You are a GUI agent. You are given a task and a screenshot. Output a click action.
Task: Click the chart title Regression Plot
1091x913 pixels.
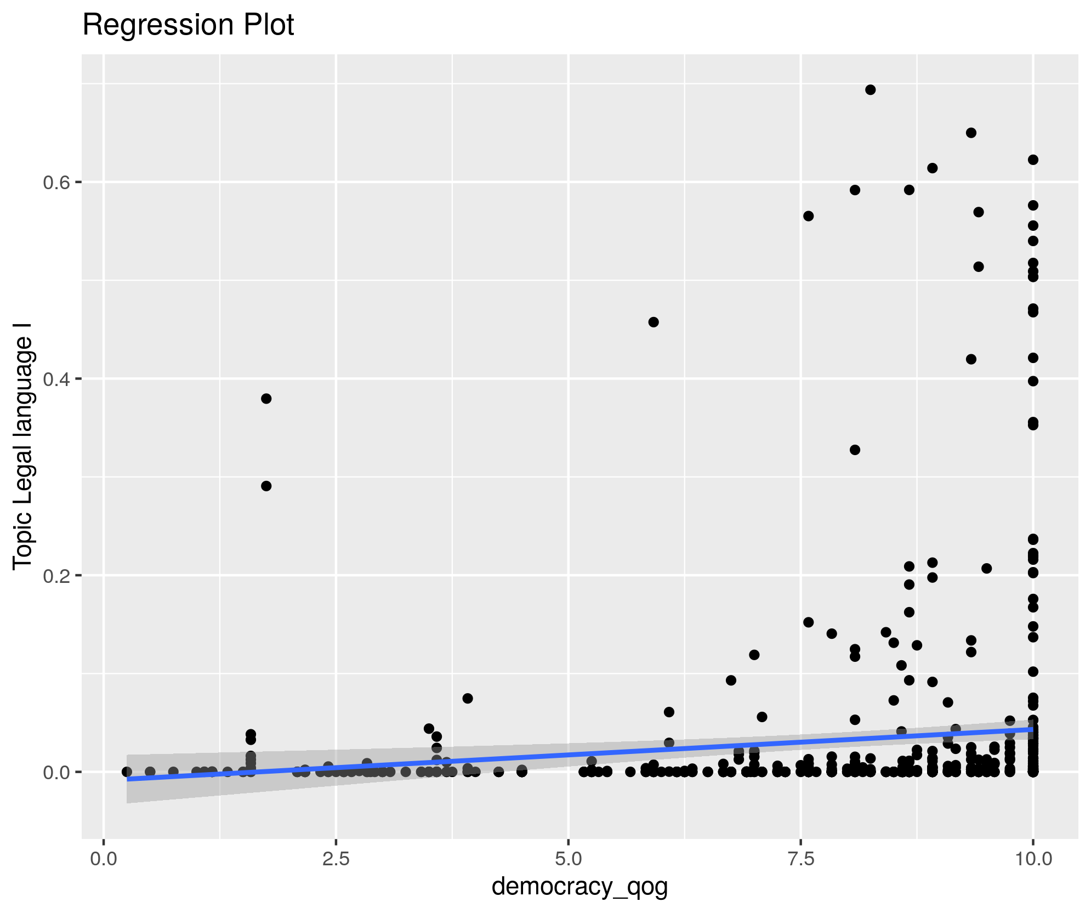click(188, 25)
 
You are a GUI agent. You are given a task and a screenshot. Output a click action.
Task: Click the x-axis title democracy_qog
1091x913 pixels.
click(579, 886)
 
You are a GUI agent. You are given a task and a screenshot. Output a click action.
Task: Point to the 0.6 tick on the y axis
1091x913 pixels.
click(55, 182)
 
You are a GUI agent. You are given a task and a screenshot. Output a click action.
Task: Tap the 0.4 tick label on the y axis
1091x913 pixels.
click(55, 379)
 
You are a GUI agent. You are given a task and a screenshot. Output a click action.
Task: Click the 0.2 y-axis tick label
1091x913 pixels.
click(55, 576)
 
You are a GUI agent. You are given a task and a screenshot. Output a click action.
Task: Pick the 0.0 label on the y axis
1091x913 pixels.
click(55, 772)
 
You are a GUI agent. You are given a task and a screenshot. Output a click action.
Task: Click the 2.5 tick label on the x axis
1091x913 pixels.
click(336, 858)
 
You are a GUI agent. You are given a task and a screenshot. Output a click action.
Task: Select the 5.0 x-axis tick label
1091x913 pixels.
click(569, 858)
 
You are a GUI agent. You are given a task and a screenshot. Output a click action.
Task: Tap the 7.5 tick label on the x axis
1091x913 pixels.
click(801, 858)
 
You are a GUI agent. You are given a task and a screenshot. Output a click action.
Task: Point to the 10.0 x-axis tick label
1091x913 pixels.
click(1033, 858)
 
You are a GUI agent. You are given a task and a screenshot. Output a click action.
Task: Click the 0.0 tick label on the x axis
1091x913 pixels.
click(104, 858)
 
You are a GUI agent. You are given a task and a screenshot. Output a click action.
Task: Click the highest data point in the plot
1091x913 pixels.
click(870, 90)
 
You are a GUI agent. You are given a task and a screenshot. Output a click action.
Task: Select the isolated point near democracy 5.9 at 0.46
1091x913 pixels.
click(654, 322)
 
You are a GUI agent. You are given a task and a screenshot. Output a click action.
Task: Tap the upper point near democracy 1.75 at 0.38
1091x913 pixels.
click(266, 399)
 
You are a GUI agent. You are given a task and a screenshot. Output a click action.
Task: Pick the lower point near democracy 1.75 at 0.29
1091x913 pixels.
click(266, 486)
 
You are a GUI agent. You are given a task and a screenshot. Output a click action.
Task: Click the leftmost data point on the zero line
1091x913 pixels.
click(127, 772)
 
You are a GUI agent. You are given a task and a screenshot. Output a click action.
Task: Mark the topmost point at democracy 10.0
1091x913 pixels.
click(1033, 160)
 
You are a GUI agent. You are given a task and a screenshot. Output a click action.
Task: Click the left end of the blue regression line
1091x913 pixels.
click(128, 779)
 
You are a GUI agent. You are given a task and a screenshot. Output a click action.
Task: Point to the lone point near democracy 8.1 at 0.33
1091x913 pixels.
click(855, 450)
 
